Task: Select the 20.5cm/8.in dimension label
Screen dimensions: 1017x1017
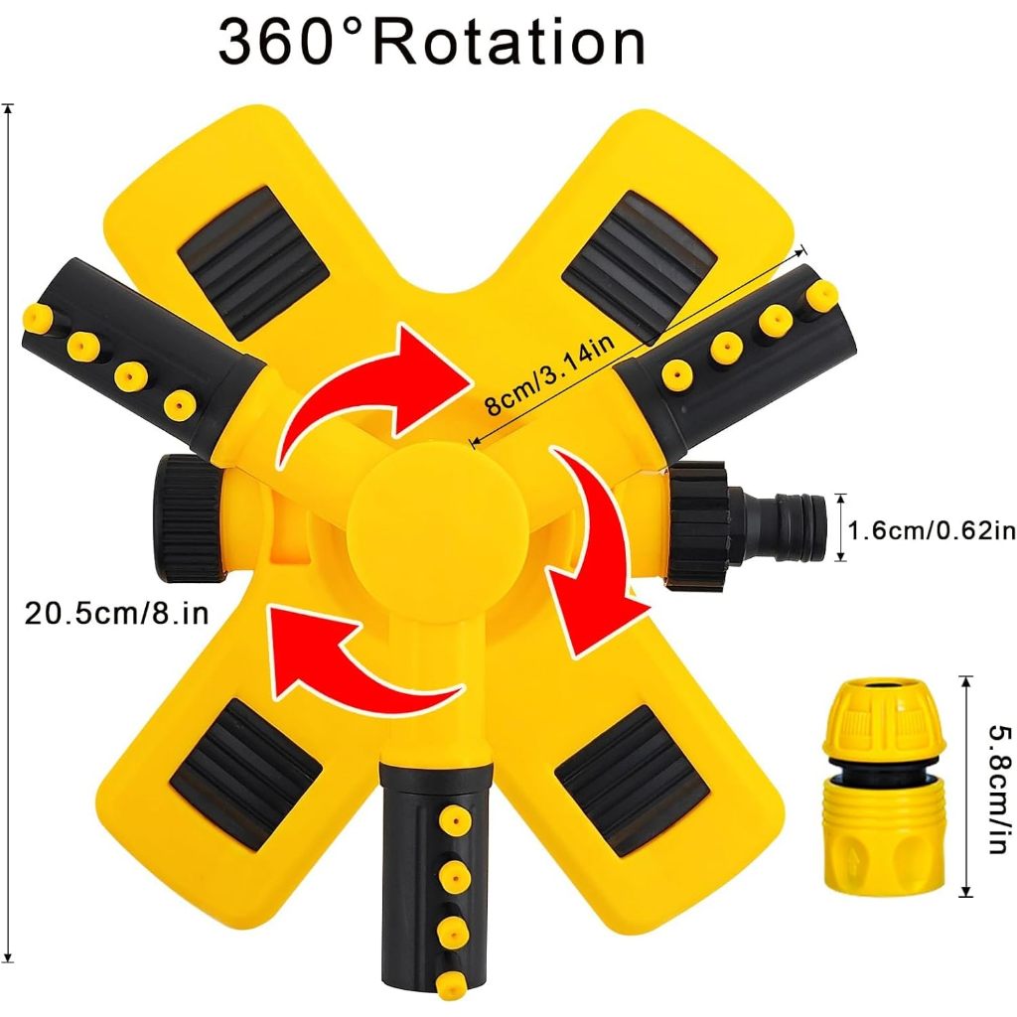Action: [x=116, y=613]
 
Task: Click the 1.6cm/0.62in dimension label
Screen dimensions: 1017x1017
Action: [x=932, y=530]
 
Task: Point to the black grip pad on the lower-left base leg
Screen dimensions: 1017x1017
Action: [x=246, y=772]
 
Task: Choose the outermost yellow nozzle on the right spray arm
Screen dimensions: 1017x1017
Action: [x=820, y=295]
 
